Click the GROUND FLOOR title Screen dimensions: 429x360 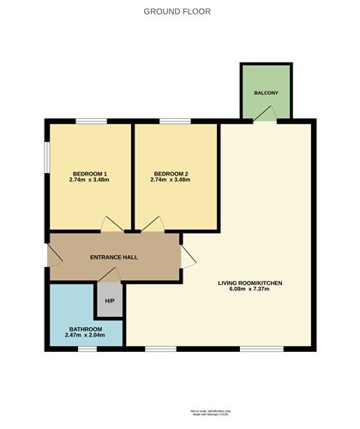(x=177, y=12)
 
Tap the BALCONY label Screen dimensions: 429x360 (x=266, y=92)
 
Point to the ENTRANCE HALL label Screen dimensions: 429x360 (x=114, y=257)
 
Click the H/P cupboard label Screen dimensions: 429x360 (x=110, y=301)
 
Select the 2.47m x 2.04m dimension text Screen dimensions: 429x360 (x=85, y=337)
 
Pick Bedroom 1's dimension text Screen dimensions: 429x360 (x=88, y=180)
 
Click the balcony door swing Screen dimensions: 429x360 (x=269, y=113)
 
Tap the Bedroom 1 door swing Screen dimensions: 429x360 (x=112, y=224)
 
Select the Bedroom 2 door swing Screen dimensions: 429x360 (x=152, y=224)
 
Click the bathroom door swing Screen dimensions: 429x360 (x=108, y=273)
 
